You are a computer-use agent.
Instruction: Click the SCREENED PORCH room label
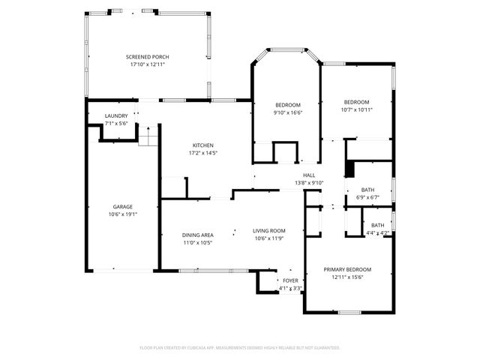[146, 57]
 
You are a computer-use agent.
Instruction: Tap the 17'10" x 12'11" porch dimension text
[146, 64]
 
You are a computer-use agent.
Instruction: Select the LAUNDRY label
[116, 115]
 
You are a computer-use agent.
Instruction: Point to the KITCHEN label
[203, 145]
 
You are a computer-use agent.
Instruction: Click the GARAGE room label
[123, 206]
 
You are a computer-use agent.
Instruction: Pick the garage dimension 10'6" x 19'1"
[123, 214]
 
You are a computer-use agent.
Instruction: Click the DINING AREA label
[198, 235]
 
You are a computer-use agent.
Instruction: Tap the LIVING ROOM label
[268, 231]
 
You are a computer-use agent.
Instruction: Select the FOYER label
[290, 280]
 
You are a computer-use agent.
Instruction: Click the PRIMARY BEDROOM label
[347, 269]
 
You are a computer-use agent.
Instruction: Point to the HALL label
[308, 175]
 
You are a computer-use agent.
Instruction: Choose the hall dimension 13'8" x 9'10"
[308, 182]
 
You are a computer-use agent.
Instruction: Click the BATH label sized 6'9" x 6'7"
[367, 190]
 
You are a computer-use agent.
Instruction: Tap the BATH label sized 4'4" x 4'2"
[377, 225]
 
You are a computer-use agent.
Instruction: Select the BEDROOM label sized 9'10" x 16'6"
[288, 104]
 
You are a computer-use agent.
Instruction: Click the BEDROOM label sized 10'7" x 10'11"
[357, 102]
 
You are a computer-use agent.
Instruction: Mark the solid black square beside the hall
[349, 169]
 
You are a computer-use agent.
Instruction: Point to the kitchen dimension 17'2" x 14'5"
[203, 153]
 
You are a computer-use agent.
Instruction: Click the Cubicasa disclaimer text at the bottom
[240, 348]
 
